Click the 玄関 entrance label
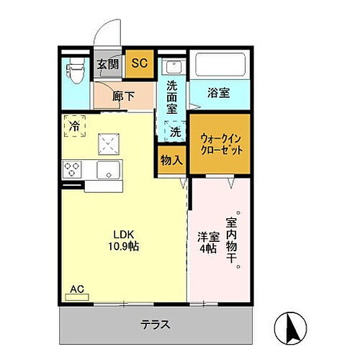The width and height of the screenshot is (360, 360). pyautogui.click(x=108, y=63)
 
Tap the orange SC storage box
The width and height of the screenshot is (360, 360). pyautogui.click(x=139, y=63)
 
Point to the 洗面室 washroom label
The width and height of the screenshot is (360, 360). pyautogui.click(x=172, y=95)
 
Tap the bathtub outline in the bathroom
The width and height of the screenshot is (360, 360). pyautogui.click(x=219, y=66)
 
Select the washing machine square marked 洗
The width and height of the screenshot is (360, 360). pyautogui.click(x=174, y=132)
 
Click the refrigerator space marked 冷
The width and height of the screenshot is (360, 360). pyautogui.click(x=75, y=127)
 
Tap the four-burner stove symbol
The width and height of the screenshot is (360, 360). pyautogui.click(x=73, y=171)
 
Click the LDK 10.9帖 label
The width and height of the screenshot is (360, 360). pyautogui.click(x=125, y=239)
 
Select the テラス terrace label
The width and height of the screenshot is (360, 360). pyautogui.click(x=156, y=324)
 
